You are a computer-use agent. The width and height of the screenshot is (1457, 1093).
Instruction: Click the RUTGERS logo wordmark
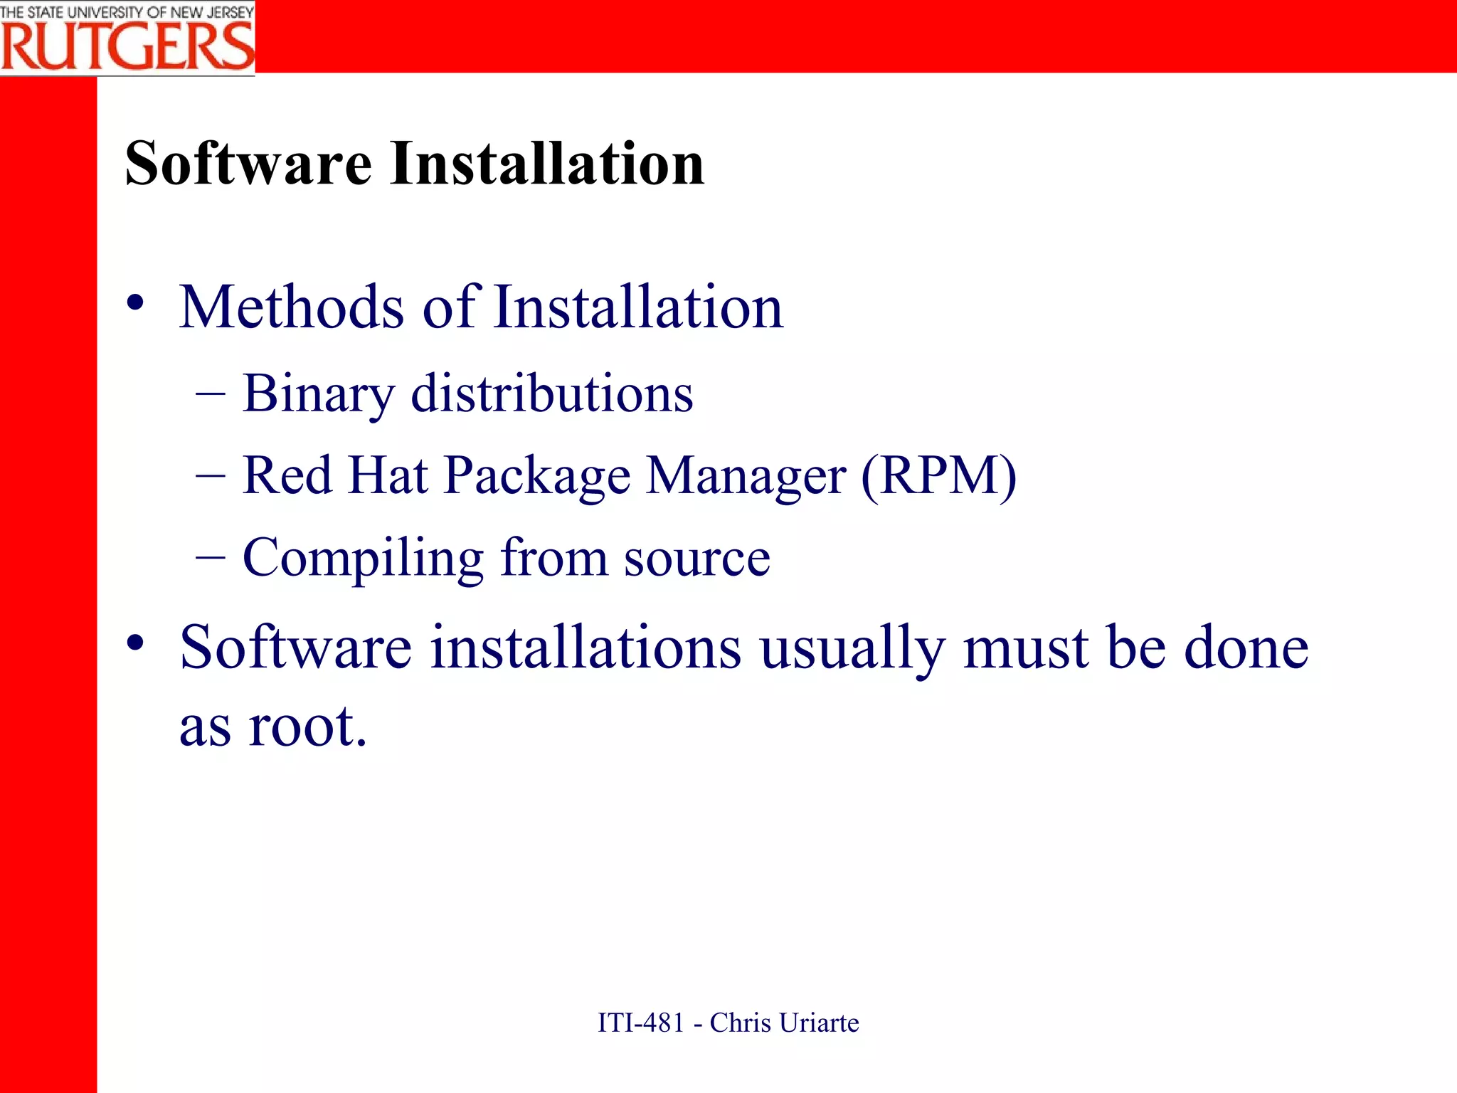(127, 47)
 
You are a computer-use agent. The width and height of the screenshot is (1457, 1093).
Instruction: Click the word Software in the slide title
(248, 164)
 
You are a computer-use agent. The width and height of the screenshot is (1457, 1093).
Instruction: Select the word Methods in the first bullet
(292, 307)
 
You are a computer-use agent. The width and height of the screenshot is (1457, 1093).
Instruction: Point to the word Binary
(318, 394)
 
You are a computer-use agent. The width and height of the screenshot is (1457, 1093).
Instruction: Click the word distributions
(552, 394)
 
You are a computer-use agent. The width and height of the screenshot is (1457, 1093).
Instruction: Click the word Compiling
(363, 558)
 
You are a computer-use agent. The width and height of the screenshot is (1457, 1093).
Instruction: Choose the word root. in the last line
(307, 727)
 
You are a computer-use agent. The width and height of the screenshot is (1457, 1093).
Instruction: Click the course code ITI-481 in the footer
(640, 1023)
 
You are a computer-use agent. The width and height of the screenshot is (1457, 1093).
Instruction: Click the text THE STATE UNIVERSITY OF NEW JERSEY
(127, 11)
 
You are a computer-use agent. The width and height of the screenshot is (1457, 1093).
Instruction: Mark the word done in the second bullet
(1246, 647)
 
